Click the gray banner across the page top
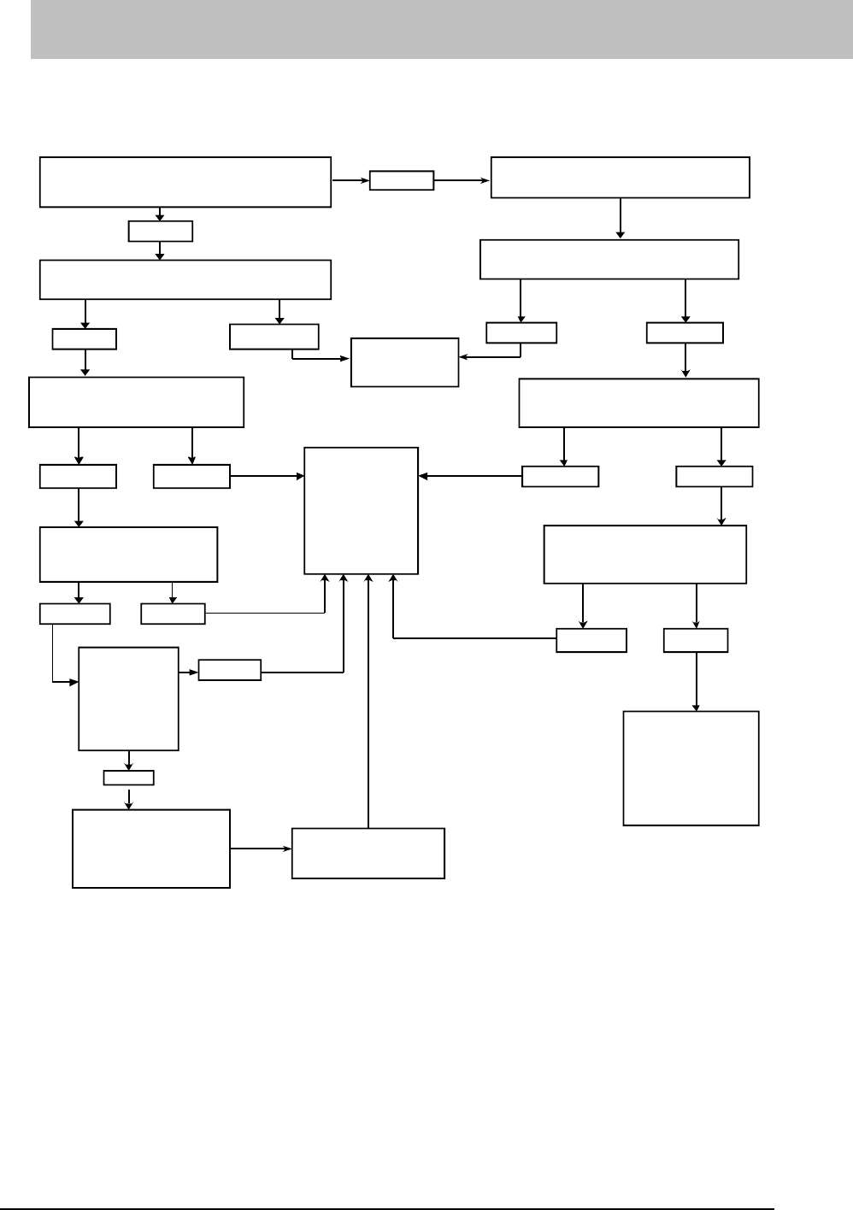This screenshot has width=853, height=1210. (x=441, y=29)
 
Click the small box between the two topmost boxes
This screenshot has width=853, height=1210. (x=402, y=181)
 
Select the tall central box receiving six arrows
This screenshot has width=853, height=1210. (x=362, y=510)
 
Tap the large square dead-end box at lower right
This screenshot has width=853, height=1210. (x=691, y=767)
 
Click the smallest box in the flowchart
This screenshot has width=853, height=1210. (x=129, y=778)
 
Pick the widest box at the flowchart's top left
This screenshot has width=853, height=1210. (x=185, y=181)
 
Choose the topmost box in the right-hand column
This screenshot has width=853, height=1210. (x=620, y=178)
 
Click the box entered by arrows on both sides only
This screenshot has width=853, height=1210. (x=404, y=362)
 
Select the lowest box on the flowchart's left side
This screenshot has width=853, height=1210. (x=151, y=849)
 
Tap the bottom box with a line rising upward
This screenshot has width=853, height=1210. (x=368, y=853)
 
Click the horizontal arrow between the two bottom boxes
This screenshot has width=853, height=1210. (x=261, y=849)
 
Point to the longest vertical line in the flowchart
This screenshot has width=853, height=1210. (x=368, y=701)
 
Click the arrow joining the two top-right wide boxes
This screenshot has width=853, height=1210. (x=621, y=219)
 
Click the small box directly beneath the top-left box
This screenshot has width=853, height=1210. (x=161, y=231)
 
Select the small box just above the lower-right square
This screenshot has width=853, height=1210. (x=696, y=640)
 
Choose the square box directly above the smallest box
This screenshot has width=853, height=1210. (x=129, y=699)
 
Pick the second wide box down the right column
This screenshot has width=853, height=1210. (x=609, y=260)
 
